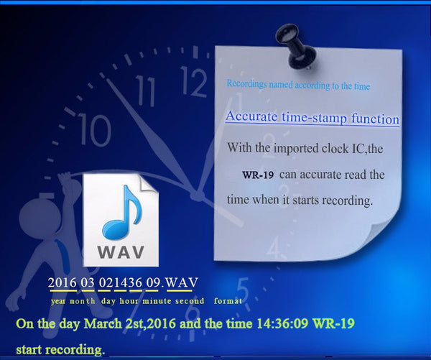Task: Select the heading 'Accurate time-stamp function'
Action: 312,118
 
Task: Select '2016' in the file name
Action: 62,282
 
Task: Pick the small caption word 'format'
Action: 228,300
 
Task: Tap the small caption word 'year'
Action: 59,300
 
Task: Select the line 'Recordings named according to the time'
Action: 298,86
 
